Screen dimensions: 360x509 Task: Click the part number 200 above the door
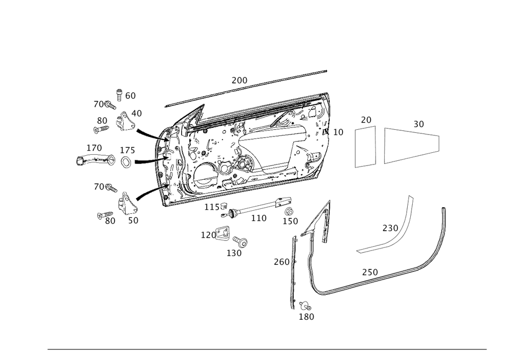[x=239, y=80]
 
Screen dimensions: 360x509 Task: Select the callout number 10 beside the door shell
[x=338, y=132]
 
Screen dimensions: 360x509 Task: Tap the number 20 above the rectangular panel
[x=366, y=120]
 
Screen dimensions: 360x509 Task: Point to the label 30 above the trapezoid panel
[x=418, y=124]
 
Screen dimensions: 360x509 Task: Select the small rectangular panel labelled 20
[x=365, y=148]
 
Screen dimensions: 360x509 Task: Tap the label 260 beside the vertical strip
[x=281, y=262]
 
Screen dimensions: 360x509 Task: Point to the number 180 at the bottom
[x=307, y=317]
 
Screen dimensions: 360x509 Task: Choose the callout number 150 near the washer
[x=291, y=221]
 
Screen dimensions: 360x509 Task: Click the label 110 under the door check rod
[x=259, y=218]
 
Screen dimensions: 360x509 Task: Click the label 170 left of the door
[x=94, y=148]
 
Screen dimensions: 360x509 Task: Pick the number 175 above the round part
[x=128, y=151]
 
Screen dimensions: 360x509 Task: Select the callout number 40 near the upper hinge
[x=136, y=113]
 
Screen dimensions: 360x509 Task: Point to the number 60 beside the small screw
[x=130, y=96]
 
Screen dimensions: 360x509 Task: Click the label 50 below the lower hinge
[x=133, y=220]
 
